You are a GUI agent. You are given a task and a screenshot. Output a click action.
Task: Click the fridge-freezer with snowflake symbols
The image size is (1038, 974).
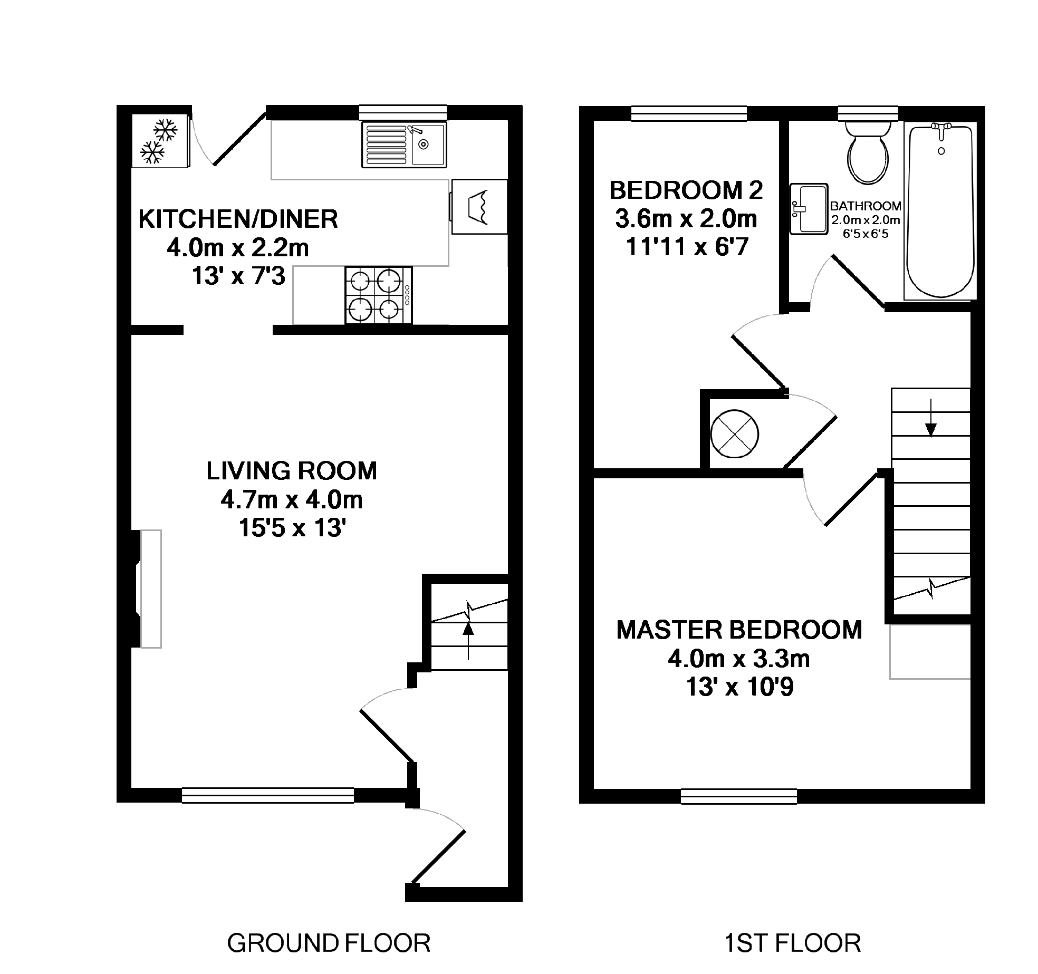click(x=159, y=140)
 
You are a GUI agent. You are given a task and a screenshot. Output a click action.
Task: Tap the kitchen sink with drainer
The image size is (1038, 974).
click(x=403, y=144)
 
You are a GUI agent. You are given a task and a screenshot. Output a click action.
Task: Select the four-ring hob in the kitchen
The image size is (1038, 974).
click(x=379, y=295)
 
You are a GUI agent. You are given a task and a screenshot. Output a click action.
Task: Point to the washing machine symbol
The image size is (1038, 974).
click(x=479, y=206)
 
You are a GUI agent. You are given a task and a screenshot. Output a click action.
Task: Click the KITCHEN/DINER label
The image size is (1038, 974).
click(x=238, y=219)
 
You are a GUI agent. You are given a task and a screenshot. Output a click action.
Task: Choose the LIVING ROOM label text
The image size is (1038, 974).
click(x=292, y=471)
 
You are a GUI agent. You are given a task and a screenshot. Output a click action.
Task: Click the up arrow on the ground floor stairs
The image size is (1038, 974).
click(x=468, y=640)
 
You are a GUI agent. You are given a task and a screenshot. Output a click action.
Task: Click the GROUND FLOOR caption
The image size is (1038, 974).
click(x=329, y=943)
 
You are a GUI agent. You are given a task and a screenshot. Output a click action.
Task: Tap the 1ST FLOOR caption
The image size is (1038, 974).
click(x=792, y=943)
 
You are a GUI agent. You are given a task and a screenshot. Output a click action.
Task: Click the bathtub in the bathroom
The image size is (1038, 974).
click(x=940, y=211)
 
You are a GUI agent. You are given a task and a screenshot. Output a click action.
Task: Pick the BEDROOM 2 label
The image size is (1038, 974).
click(x=686, y=190)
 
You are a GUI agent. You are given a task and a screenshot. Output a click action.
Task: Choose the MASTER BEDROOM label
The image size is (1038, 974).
click(x=739, y=630)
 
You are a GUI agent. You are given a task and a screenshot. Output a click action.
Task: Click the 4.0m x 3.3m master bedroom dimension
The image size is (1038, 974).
click(x=739, y=659)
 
